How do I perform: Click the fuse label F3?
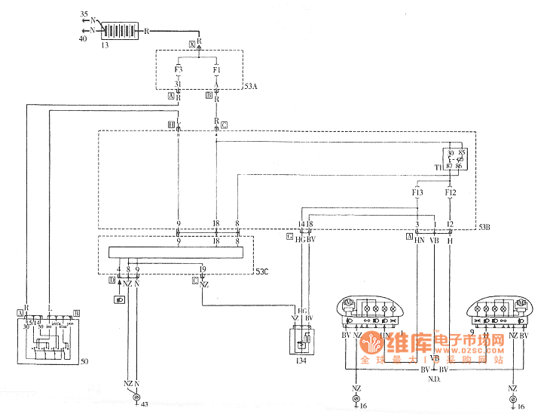click(x=179, y=69)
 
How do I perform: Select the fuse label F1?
click(x=216, y=69)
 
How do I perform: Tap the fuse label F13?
click(x=418, y=193)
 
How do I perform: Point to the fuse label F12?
click(x=451, y=193)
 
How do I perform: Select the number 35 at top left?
click(x=84, y=14)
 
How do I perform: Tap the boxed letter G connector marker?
click(x=289, y=237)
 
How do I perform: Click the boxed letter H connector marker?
click(x=172, y=124)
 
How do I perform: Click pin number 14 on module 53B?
click(x=301, y=224)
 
